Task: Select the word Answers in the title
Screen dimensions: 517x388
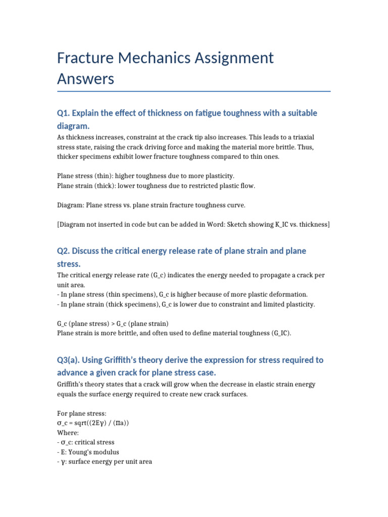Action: click(x=85, y=79)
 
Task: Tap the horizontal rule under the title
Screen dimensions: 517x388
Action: click(x=194, y=91)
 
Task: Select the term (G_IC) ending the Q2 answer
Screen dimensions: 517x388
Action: click(x=280, y=333)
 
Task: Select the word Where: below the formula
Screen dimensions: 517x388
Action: click(x=68, y=433)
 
